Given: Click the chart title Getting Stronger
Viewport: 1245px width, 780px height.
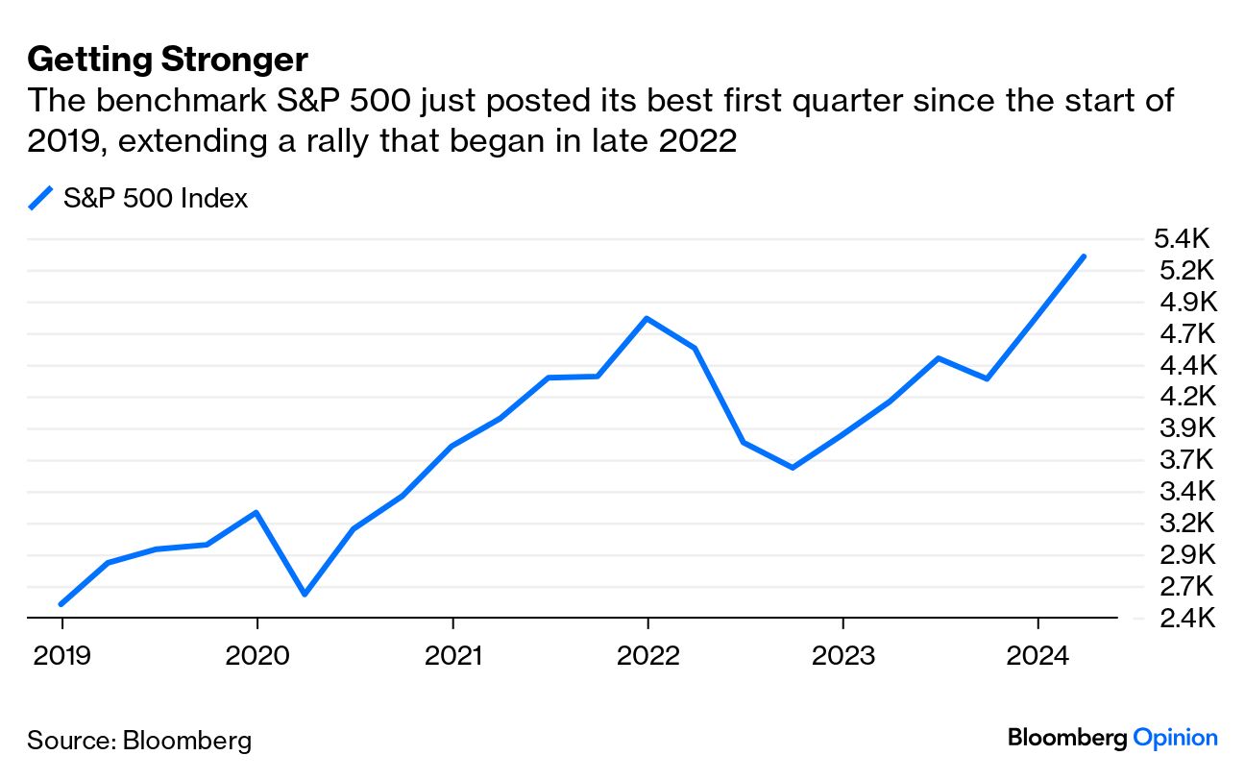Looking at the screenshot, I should point(167,60).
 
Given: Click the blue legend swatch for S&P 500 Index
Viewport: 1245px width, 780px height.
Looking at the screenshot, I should point(40,199).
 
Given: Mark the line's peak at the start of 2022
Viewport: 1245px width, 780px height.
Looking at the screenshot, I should point(647,318).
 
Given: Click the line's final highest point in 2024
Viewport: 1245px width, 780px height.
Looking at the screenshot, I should point(1084,256).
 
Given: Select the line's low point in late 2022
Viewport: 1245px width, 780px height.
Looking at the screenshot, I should point(793,468).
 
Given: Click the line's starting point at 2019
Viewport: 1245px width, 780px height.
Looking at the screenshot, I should point(61,604).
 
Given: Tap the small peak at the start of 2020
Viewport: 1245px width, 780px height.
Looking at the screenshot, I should point(256,512).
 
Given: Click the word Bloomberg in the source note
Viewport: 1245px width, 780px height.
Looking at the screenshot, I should point(186,741).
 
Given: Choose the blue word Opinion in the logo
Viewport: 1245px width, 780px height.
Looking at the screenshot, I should point(1175,738).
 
